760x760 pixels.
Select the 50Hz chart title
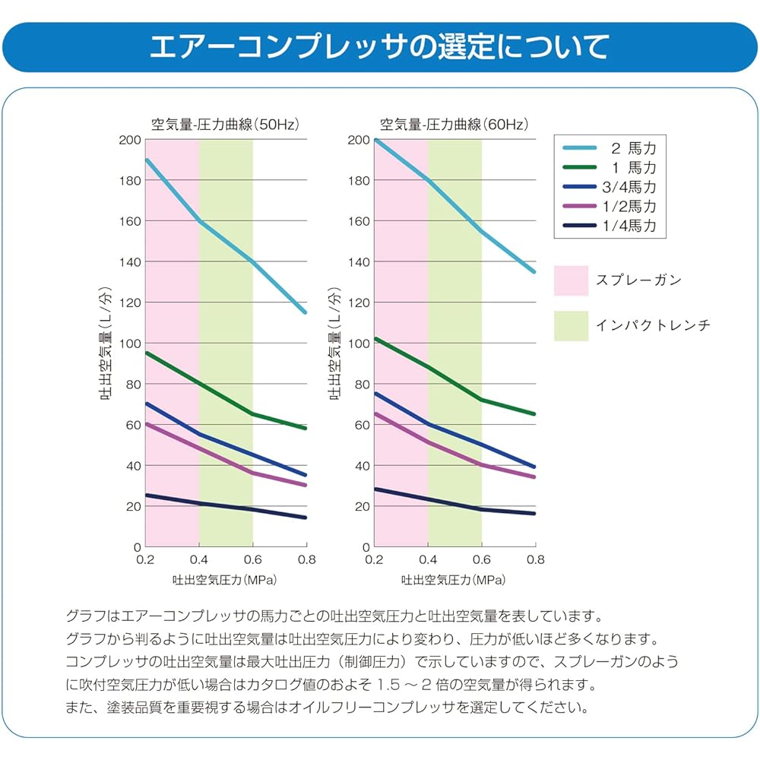(x=223, y=124)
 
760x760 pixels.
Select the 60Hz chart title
(x=454, y=124)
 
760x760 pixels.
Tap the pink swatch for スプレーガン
(x=572, y=280)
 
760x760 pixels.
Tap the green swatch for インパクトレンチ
(x=572, y=325)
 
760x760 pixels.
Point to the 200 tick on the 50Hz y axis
(x=131, y=140)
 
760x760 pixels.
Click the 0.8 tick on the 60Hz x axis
(x=535, y=559)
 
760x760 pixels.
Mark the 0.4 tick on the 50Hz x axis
(x=199, y=559)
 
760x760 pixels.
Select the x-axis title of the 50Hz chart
(x=223, y=580)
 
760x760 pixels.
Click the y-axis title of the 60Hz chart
(x=334, y=344)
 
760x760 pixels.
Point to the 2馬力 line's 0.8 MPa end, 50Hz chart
(x=306, y=312)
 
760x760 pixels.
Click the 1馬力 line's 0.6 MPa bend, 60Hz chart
(x=481, y=399)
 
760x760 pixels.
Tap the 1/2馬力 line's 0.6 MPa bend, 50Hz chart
(x=252, y=473)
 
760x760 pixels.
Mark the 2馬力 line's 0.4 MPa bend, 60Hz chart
(x=429, y=180)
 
